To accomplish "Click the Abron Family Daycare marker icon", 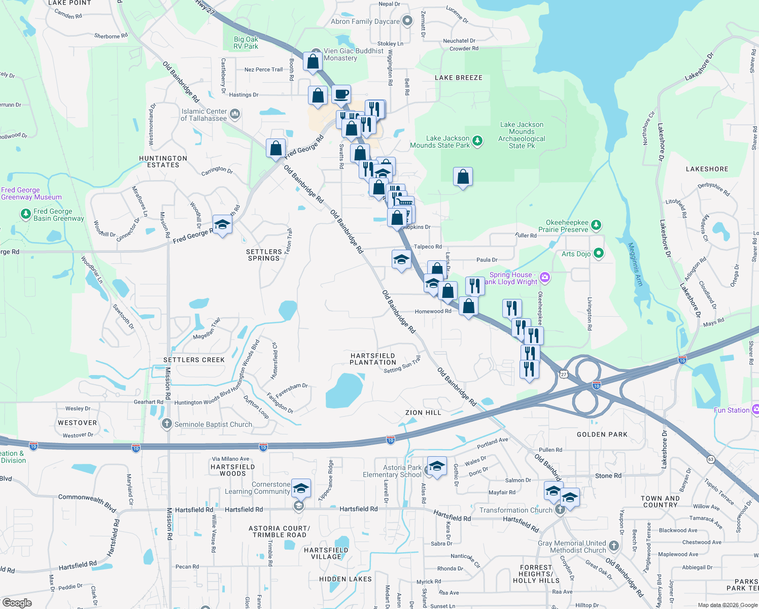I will [407, 21].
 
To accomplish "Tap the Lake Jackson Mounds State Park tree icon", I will [477, 141].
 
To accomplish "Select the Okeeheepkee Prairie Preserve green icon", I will [596, 225].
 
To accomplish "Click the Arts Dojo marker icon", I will [599, 253].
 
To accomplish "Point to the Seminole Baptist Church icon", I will [167, 424].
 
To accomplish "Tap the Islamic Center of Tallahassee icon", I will [234, 114].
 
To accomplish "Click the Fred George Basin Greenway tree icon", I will [26, 214].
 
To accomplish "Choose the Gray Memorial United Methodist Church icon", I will [614, 546].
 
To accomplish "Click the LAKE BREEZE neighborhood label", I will [459, 78].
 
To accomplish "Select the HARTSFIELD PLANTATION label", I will [373, 359].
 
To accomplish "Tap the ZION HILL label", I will [423, 413].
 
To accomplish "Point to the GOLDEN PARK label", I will [602, 434].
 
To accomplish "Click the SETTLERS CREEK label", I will [194, 360].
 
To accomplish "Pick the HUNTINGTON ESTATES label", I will [163, 161].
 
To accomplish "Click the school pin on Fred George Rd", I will [222, 224].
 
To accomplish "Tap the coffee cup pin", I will [341, 94].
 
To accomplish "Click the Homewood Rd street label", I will [433, 311].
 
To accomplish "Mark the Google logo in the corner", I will [17, 602].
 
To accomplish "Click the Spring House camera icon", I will [545, 277].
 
